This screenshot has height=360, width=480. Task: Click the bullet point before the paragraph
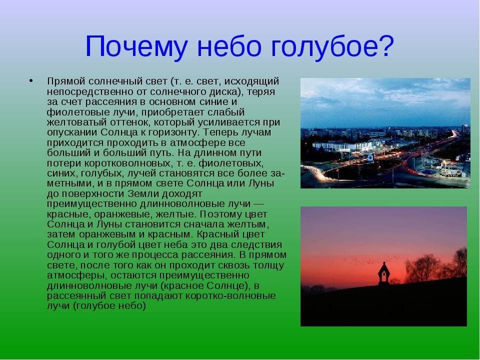pyautogui.click(x=30, y=81)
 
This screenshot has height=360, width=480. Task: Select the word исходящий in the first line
pyautogui.click(x=251, y=81)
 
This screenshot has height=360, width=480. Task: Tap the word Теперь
pyautogui.click(x=223, y=132)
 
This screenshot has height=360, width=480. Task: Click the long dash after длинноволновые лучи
pyautogui.click(x=259, y=204)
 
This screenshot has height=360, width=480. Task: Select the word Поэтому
pyautogui.click(x=218, y=214)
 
